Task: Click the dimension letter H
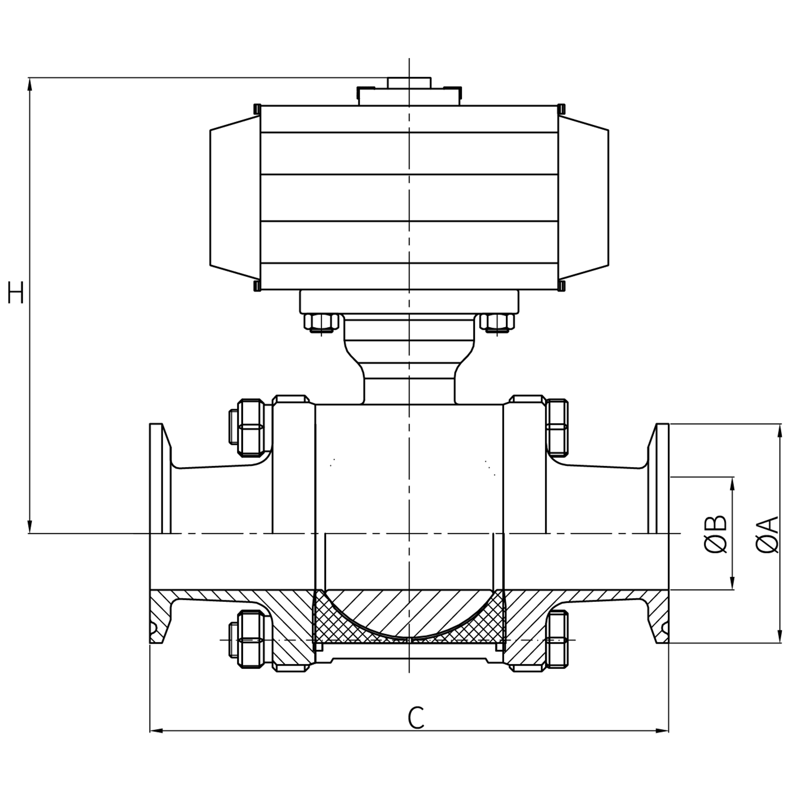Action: pyautogui.click(x=16, y=292)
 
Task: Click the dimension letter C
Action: pyautogui.click(x=416, y=718)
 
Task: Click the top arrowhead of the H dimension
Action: pyautogui.click(x=30, y=84)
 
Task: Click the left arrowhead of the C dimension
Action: pyautogui.click(x=156, y=730)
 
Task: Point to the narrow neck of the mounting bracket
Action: pyautogui.click(x=409, y=387)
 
